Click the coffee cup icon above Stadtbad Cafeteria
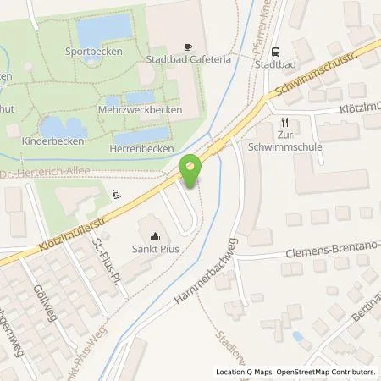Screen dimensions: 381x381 [x=189, y=47]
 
